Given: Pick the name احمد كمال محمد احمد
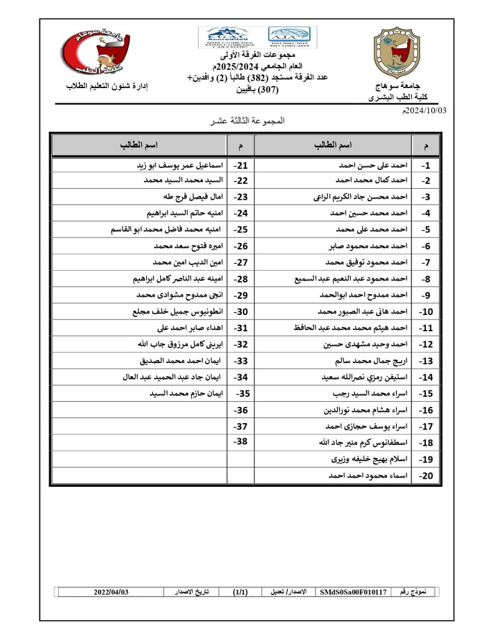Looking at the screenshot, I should pos(372,181).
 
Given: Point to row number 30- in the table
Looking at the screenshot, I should pos(240,311).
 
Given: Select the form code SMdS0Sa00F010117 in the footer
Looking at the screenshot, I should pos(353,591).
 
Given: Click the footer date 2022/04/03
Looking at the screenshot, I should pos(111,591).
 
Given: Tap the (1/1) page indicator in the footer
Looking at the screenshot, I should pos(239,591).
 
